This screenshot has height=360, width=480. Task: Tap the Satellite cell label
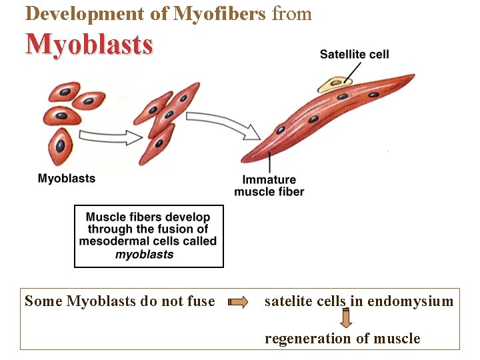pos(354,54)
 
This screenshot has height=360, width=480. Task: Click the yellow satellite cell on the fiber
pos(336,83)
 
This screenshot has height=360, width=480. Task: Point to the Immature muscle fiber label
pos(269,186)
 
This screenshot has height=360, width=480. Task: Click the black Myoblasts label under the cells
pos(67,178)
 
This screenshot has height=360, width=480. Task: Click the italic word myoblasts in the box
pos(145,254)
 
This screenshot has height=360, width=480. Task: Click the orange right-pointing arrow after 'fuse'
pos(237,302)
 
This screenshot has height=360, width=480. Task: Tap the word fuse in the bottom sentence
pos(201,301)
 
